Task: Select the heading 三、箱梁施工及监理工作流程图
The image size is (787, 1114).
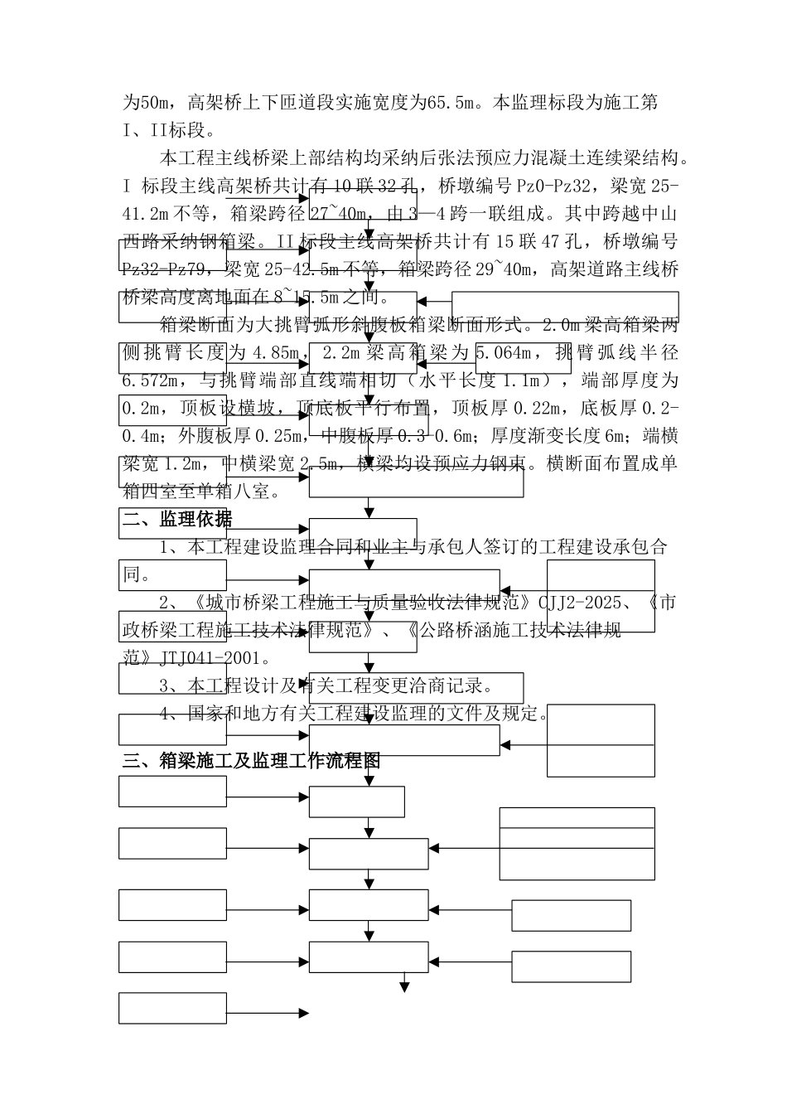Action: [x=251, y=760]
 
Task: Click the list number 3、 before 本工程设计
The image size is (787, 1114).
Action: [x=171, y=686]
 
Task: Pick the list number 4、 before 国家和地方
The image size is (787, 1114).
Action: [x=171, y=714]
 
